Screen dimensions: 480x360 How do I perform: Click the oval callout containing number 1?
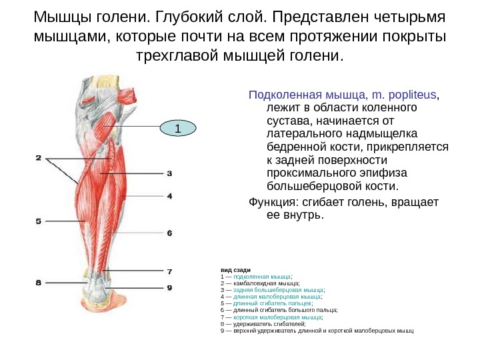point(178,127)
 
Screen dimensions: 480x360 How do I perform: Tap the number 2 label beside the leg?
point(39,158)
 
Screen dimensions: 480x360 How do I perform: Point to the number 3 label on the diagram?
point(169,173)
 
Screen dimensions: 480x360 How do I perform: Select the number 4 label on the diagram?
point(169,196)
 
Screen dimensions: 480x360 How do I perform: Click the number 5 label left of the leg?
point(39,220)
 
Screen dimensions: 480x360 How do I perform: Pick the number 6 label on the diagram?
point(169,233)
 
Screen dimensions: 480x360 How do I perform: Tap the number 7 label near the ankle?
point(169,271)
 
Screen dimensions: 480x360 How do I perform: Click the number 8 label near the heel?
point(39,283)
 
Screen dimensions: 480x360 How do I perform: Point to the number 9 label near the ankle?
point(169,288)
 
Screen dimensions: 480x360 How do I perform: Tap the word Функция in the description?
point(272,202)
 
